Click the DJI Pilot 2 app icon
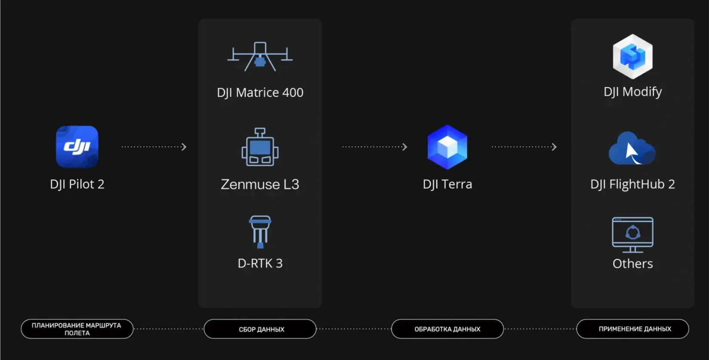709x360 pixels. point(77,146)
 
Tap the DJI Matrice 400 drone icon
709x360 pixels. point(260,57)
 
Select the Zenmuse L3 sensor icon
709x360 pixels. point(260,147)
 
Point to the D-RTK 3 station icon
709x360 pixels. point(260,232)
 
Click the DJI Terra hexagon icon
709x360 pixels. point(447,147)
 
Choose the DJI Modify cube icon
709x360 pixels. point(633,56)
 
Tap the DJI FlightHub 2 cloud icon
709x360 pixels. point(632,148)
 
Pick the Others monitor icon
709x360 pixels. point(633,235)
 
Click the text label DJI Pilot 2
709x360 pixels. point(77,184)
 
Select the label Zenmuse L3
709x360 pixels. point(260,184)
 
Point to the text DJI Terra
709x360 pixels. point(447,184)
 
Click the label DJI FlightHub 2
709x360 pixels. point(633,184)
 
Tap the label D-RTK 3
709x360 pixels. point(260,263)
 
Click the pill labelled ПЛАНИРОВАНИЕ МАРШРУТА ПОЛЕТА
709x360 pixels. point(77,329)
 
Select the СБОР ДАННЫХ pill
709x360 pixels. point(260,329)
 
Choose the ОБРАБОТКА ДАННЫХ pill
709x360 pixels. point(447,329)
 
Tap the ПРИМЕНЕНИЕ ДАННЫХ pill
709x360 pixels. point(633,329)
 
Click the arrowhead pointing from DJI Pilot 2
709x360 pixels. point(184,147)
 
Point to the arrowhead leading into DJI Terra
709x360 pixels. point(405,147)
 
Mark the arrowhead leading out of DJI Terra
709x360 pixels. point(554,147)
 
